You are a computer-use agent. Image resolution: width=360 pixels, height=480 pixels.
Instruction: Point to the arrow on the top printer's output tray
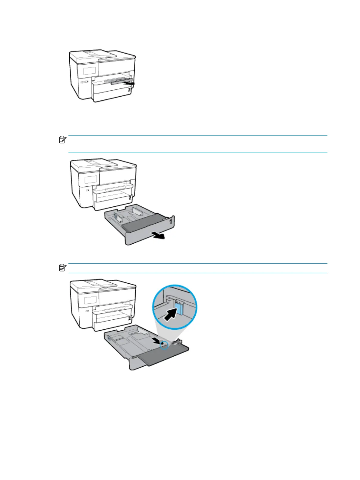click(x=130, y=82)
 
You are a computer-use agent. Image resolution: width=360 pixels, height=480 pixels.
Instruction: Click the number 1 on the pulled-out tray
click(x=170, y=222)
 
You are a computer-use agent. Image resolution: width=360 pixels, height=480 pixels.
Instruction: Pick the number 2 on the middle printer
click(x=130, y=198)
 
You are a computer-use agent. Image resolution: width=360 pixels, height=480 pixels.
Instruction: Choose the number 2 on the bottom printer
click(x=129, y=318)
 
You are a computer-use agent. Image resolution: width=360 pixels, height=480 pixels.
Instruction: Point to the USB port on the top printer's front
click(x=84, y=82)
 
